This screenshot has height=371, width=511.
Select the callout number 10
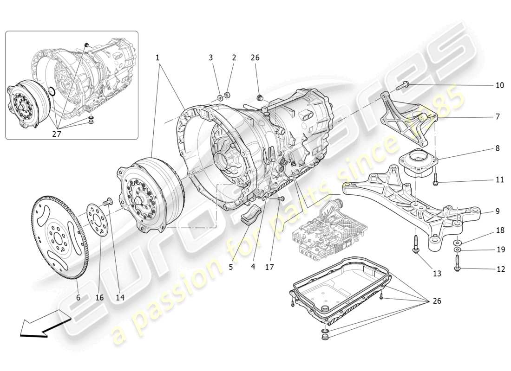pos(499,85)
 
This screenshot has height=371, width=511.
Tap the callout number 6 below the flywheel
pos(78,297)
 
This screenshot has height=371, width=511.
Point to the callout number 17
pos(269,267)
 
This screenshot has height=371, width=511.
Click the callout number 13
pos(437,274)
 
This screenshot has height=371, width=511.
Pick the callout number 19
pos(500,249)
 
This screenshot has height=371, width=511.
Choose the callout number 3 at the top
pos(210,58)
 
